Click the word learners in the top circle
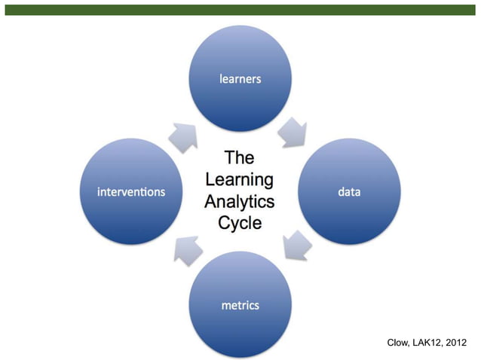[x=240, y=78]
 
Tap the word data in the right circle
[x=348, y=192]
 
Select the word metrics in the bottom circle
[x=240, y=305]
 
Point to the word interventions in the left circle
[x=131, y=192]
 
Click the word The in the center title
[x=240, y=158]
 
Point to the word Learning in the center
[x=240, y=180]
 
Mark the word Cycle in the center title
[x=240, y=223]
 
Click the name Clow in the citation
[x=399, y=343]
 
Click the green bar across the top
[x=240, y=10]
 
